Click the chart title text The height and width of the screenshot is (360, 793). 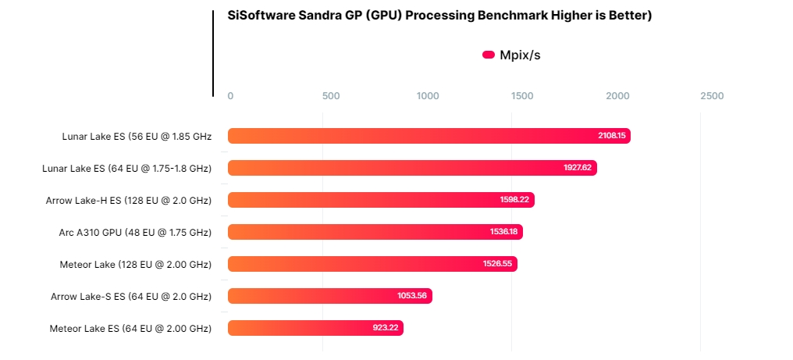(439, 16)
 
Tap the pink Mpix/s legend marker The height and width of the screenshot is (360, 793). (489, 55)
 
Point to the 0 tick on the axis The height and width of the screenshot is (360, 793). (230, 96)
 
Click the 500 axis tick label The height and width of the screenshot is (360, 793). (331, 96)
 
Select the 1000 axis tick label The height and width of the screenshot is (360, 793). (428, 96)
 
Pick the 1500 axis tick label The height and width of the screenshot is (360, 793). (522, 96)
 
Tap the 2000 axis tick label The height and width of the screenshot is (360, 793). (617, 96)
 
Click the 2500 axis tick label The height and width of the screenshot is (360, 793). (712, 96)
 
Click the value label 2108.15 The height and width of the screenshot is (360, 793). (612, 136)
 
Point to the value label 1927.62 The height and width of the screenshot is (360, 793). (578, 168)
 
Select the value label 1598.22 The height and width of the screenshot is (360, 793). (516, 200)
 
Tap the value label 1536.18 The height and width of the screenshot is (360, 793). (504, 232)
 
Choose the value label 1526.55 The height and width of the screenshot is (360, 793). (498, 264)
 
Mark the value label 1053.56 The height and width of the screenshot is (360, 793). (413, 296)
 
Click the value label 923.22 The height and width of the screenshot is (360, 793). (386, 328)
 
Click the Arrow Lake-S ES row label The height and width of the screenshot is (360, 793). (131, 296)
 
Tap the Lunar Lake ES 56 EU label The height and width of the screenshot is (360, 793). (137, 136)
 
